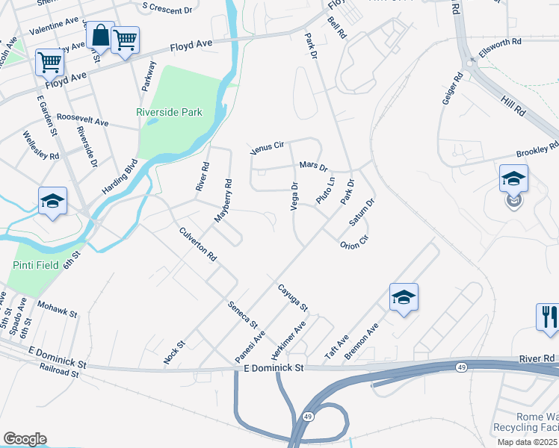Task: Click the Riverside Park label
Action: point(169,113)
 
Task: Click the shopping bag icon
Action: point(99,35)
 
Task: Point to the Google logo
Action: point(25,439)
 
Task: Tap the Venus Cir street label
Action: point(268,146)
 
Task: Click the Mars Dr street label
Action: point(314,164)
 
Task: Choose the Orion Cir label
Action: point(354,243)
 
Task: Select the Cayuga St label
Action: point(293,296)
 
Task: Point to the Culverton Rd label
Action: point(198,244)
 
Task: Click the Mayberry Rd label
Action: point(223,199)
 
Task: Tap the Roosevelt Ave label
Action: point(83,119)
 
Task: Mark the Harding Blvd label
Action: point(120,177)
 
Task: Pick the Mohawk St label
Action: point(58,310)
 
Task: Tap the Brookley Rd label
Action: point(537,150)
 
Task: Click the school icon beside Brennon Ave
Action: point(404,297)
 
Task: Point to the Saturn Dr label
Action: point(362,213)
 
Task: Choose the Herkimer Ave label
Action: point(289,338)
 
